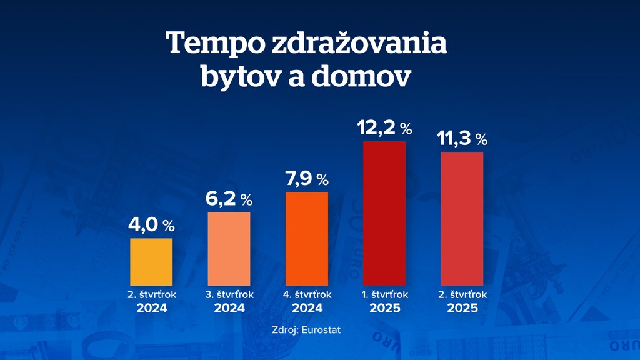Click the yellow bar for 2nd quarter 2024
tap(151, 261)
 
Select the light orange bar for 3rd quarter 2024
tap(229, 249)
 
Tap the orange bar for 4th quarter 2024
tap(306, 238)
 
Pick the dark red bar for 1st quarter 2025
tap(384, 213)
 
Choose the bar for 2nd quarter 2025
tap(462, 218)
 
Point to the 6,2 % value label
tap(229, 199)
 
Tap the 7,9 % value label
tap(306, 179)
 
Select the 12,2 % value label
tap(384, 128)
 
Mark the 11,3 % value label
tap(462, 139)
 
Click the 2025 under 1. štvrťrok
tap(384, 308)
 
